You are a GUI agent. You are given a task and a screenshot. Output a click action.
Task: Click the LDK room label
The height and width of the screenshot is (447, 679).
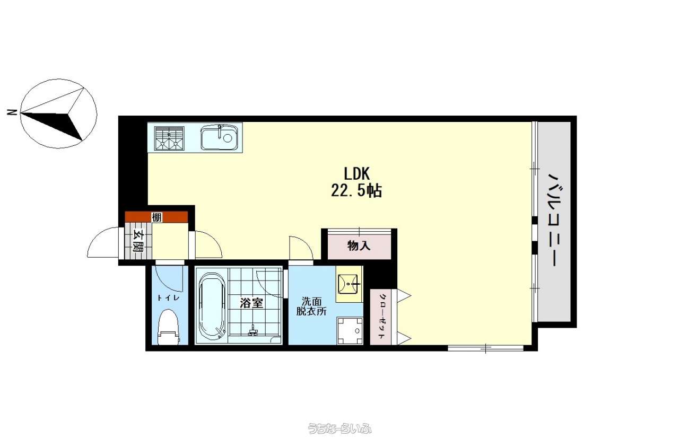(x=356, y=174)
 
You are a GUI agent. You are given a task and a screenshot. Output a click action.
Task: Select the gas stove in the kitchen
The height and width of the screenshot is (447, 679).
(x=169, y=138)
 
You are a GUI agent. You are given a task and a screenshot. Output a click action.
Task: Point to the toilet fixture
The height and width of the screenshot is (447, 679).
(x=169, y=327)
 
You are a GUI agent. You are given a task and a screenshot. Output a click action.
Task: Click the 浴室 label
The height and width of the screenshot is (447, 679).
(x=251, y=303)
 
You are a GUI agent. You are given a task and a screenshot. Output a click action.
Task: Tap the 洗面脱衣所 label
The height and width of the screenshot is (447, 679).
(x=311, y=306)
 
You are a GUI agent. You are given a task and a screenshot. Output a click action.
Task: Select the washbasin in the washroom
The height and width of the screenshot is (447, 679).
(x=348, y=284)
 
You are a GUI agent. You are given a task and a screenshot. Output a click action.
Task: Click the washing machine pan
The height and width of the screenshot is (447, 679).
(x=350, y=331)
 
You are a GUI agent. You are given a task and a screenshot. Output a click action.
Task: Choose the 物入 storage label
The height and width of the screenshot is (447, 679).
(x=359, y=246)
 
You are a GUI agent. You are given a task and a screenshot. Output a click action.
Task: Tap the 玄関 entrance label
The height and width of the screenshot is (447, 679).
(x=138, y=241)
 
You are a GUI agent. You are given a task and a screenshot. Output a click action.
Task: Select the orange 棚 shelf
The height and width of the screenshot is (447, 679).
(x=156, y=217)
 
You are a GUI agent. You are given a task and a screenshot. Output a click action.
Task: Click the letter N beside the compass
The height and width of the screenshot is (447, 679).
(x=12, y=112)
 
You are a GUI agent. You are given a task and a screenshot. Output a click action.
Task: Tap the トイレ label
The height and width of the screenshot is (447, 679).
(x=168, y=298)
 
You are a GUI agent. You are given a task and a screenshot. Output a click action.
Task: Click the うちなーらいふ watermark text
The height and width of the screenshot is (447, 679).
(x=339, y=428)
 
